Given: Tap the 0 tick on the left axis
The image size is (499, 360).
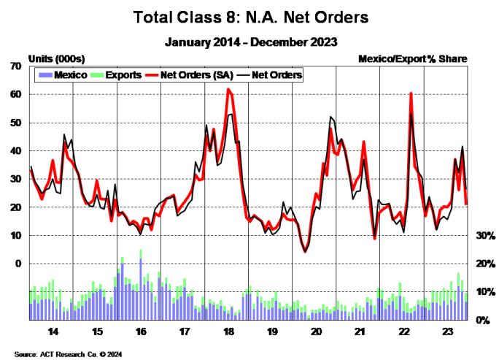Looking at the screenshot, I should (18, 264).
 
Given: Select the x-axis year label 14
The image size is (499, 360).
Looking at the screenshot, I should (53, 331).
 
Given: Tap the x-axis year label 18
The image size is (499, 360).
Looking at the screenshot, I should (228, 331).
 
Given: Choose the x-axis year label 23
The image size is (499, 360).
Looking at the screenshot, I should (447, 331).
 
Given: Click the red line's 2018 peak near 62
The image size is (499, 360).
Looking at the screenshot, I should (228, 89).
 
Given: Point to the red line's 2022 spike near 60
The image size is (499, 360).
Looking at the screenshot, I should (411, 93).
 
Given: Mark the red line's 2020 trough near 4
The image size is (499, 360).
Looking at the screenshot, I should (305, 252).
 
